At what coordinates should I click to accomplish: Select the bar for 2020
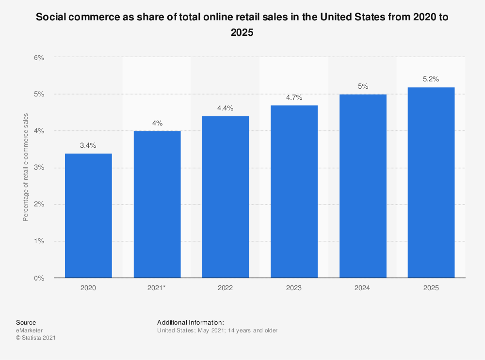tap(88, 216)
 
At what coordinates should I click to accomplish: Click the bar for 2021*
tap(157, 204)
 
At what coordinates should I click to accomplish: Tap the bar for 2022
tap(226, 197)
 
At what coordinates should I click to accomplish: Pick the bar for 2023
tap(294, 191)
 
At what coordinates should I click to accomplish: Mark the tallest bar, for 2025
tap(431, 182)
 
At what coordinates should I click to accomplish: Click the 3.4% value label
tap(88, 145)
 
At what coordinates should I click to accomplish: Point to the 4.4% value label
tap(226, 109)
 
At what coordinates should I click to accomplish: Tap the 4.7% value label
tap(294, 97)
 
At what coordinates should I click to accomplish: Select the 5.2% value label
tap(431, 79)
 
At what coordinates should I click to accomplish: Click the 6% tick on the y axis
tap(39, 57)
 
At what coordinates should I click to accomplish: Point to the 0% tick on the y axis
tap(39, 278)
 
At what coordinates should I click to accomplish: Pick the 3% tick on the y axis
tap(39, 168)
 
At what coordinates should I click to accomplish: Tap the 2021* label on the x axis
tap(157, 288)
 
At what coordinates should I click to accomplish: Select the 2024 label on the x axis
tap(363, 288)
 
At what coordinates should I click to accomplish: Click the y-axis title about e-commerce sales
tap(26, 167)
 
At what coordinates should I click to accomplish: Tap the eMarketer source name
tap(29, 330)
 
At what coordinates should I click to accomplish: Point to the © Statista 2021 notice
tap(36, 338)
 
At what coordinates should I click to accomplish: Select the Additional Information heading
tap(191, 322)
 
